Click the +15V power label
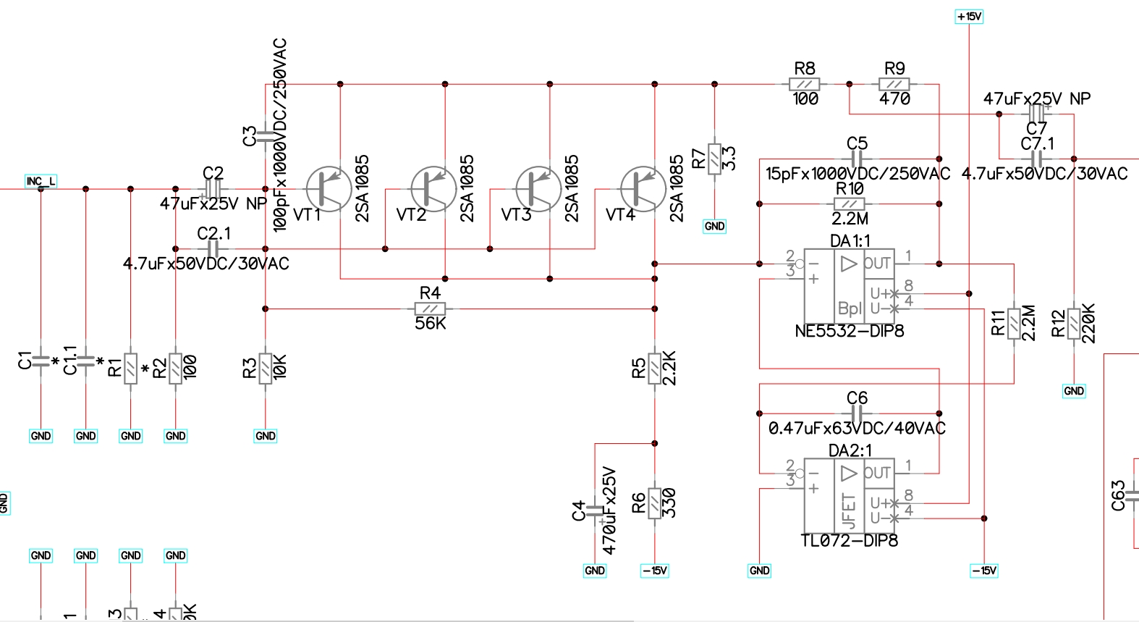click(969, 17)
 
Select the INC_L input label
click(41, 181)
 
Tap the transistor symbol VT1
click(329, 188)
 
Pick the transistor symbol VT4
click(643, 188)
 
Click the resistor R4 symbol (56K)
click(430, 308)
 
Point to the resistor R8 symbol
click(805, 84)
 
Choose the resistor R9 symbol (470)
click(894, 84)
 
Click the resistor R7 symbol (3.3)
click(715, 159)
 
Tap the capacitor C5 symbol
click(857, 159)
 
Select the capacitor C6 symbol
click(857, 413)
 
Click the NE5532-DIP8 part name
click(850, 332)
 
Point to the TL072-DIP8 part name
click(850, 541)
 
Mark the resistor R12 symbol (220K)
click(1074, 324)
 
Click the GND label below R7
click(715, 226)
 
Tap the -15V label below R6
click(655, 571)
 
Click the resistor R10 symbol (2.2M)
click(850, 203)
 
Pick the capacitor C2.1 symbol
click(213, 248)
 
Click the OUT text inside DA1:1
click(877, 264)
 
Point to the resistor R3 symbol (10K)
click(266, 368)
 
